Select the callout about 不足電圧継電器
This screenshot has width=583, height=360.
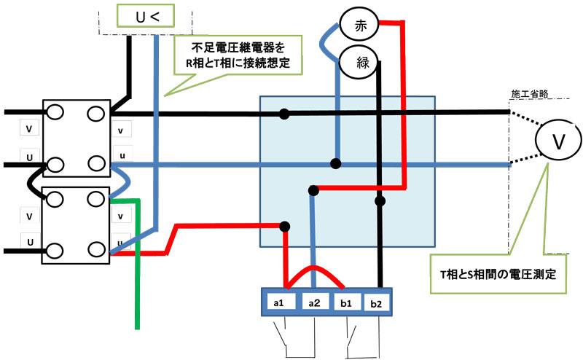tap(238, 56)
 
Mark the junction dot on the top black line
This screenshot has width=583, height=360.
tap(284, 114)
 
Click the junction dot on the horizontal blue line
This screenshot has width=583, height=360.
tap(336, 163)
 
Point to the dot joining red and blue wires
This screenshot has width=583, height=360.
tap(313, 191)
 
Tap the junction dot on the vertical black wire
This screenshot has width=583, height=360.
tap(379, 200)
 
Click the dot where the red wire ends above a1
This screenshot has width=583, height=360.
tap(285, 226)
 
